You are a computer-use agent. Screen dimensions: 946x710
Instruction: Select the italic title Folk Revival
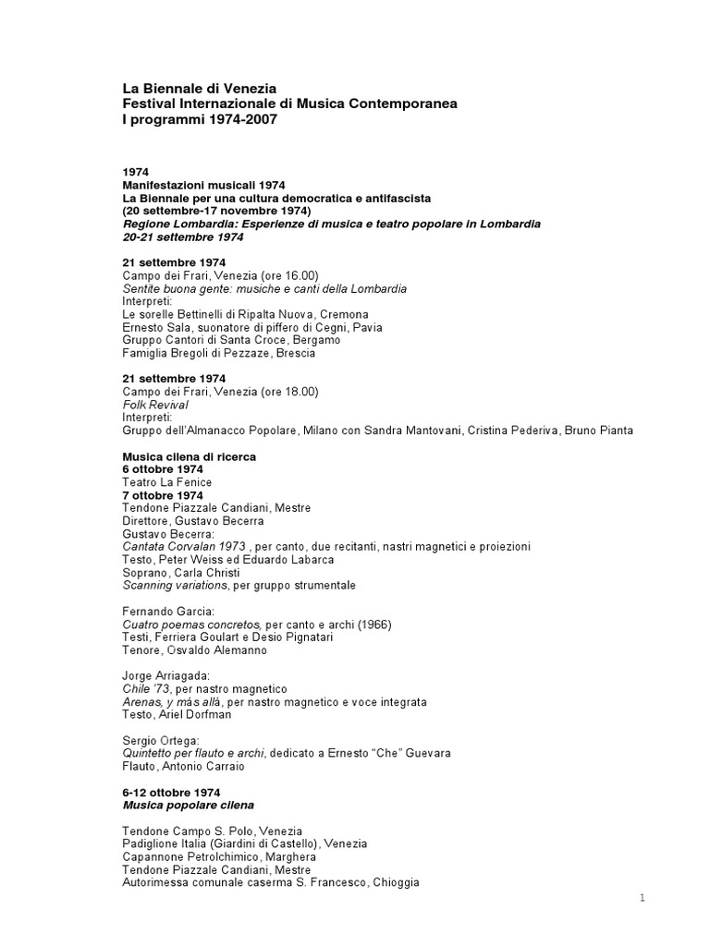[155, 405]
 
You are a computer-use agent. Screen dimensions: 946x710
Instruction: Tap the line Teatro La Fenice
[167, 482]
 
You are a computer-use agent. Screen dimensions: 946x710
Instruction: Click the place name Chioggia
[396, 883]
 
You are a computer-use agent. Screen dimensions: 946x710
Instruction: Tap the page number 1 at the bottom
[641, 899]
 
